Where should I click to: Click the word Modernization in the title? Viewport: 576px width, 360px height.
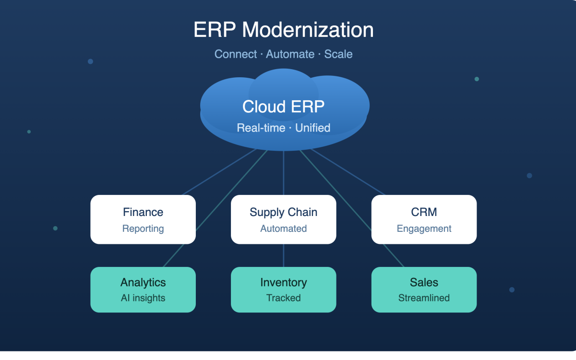[x=308, y=30]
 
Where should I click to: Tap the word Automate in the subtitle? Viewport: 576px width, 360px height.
[x=290, y=54]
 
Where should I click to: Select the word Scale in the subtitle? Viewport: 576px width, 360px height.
[x=338, y=54]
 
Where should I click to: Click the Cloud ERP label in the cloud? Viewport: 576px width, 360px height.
[x=283, y=107]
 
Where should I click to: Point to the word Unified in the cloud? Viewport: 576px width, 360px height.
[x=312, y=128]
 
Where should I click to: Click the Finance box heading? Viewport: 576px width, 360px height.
[x=143, y=212]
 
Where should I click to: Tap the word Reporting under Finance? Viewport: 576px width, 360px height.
[x=143, y=229]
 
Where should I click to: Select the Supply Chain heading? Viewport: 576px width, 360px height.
[x=283, y=213]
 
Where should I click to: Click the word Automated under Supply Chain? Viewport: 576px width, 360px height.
[x=283, y=228]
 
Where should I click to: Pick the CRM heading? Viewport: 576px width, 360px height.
[x=424, y=212]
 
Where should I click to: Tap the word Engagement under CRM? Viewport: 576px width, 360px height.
[x=424, y=229]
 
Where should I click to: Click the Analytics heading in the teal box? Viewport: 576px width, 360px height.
[x=143, y=283]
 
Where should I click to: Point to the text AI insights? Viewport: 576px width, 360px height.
[x=143, y=298]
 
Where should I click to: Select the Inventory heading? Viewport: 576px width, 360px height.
[x=283, y=283]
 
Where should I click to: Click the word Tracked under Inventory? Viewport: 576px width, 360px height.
[x=283, y=298]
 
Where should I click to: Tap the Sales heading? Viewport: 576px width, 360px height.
[x=424, y=282]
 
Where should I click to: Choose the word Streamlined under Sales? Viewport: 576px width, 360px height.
[x=424, y=298]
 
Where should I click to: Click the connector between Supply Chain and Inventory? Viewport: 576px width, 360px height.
[x=283, y=255]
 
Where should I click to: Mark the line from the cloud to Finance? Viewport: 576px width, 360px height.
[x=219, y=172]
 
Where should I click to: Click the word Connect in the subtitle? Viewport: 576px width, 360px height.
[x=236, y=54]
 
